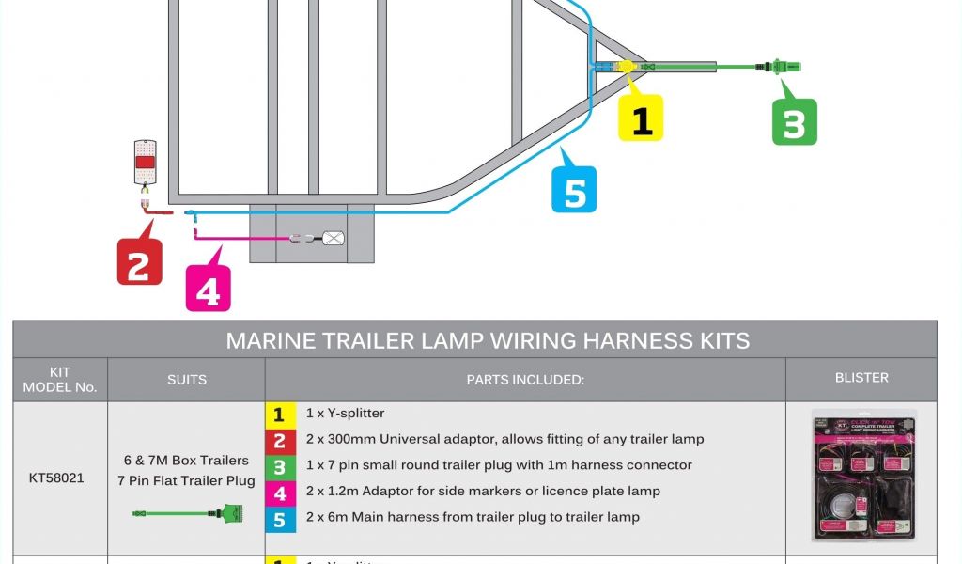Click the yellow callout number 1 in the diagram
(642, 119)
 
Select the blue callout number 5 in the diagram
(574, 192)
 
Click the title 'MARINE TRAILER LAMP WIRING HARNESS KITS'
(488, 340)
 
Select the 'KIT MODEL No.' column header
(60, 380)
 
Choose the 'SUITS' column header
(186, 380)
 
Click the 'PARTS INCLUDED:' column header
(525, 380)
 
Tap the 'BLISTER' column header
(861, 378)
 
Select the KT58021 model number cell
(56, 478)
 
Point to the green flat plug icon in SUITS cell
(187, 514)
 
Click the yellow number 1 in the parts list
(279, 414)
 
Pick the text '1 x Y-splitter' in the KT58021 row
(345, 414)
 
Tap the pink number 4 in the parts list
(279, 491)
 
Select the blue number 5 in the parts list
(279, 517)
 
